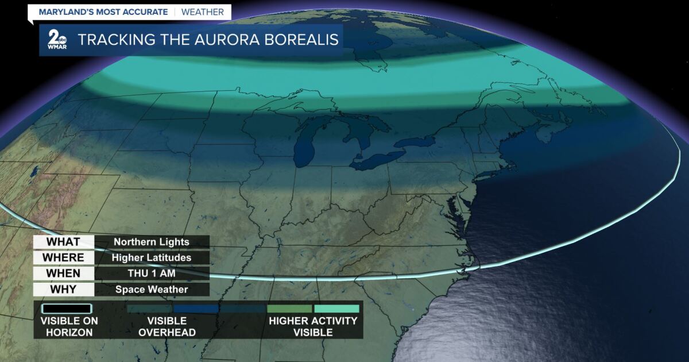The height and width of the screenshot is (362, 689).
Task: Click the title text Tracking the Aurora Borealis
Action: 208,40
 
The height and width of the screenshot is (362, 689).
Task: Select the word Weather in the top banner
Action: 203,12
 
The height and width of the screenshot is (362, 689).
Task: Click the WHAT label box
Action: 63,242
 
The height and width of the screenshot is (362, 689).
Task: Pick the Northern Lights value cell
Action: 152,242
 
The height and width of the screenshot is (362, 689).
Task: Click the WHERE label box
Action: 63,257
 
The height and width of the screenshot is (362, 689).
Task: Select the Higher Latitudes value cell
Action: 152,258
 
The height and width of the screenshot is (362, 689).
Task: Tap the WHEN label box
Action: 63,274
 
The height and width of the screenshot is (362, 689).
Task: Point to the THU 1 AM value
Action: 152,274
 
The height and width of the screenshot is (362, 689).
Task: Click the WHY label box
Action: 63,289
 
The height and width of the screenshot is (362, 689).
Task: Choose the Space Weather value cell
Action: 152,290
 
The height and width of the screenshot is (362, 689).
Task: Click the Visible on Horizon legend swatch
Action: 68,309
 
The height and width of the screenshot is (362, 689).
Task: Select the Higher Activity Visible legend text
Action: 313,326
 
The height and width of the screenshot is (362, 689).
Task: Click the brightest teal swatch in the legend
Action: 336,309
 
